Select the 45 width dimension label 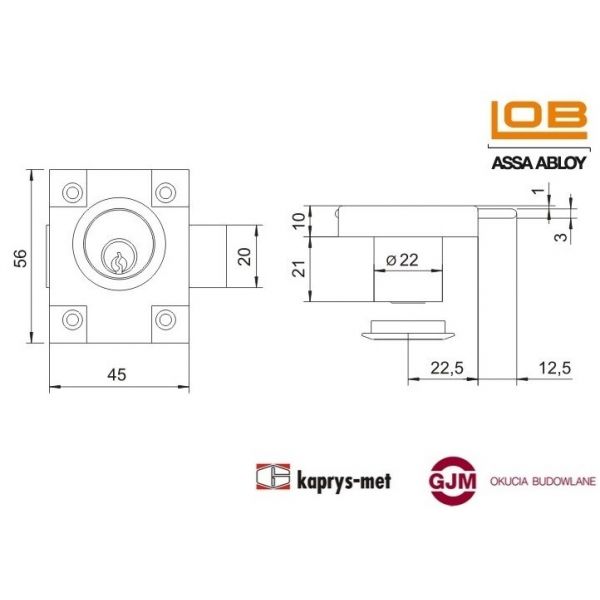117,374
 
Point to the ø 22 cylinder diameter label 402,259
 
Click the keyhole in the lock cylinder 119,263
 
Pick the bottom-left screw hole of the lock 71,320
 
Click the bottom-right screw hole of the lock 164,320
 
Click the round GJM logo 454,480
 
